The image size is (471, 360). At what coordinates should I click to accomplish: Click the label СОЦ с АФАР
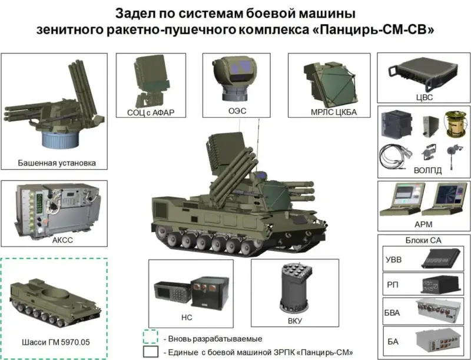click(151, 113)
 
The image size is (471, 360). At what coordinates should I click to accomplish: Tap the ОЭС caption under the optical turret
click(237, 111)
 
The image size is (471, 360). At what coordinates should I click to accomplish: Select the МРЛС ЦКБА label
click(334, 112)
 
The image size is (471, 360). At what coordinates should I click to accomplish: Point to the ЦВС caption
click(424, 97)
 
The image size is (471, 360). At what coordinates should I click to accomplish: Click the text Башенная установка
click(57, 163)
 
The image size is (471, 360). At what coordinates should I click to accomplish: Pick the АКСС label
click(62, 240)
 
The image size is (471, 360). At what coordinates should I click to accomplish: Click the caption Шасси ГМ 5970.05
click(56, 342)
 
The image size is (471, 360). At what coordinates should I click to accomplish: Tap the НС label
click(187, 318)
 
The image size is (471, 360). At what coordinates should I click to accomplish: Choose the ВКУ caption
click(295, 321)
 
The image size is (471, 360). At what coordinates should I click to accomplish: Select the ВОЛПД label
click(428, 170)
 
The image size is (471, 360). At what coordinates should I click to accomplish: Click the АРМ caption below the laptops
click(423, 224)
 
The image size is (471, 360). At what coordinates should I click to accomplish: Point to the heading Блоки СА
click(423, 240)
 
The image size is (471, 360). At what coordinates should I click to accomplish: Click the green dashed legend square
click(151, 337)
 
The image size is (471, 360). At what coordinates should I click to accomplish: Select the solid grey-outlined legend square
click(151, 352)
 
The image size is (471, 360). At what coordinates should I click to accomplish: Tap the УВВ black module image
click(440, 258)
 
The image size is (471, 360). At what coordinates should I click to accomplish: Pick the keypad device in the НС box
click(172, 292)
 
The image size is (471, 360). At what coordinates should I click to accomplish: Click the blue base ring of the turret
click(60, 139)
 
